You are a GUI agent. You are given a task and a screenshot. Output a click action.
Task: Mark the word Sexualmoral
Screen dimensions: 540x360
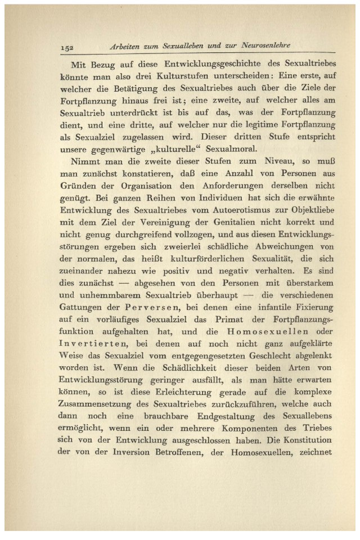[227, 150]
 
